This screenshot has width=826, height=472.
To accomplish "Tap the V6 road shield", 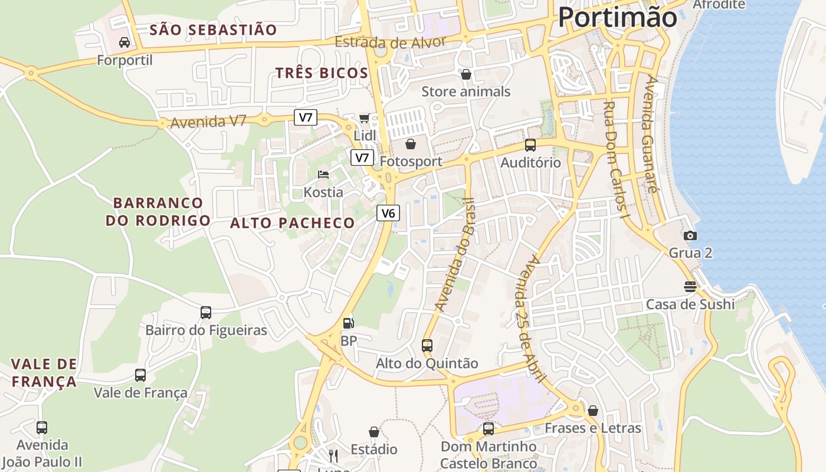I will click(388, 213).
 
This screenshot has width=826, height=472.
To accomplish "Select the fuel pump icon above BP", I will click(349, 323).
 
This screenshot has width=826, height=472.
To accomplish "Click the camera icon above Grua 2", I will click(690, 235).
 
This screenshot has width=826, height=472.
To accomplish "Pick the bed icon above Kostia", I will click(323, 174).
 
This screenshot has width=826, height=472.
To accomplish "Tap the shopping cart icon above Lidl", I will click(365, 118).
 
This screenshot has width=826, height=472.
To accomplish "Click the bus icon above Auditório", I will click(530, 145).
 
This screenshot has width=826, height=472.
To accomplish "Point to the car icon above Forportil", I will click(124, 42).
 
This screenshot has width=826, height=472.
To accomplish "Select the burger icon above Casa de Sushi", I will click(690, 287).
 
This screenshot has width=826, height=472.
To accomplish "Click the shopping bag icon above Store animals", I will click(466, 74).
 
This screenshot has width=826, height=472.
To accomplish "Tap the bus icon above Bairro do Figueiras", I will click(206, 313).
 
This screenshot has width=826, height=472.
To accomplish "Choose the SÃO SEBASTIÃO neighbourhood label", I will click(213, 29).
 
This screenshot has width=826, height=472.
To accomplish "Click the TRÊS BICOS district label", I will click(322, 73).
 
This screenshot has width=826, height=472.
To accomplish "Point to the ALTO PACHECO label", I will click(293, 223).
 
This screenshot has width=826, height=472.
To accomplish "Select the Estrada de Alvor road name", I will click(390, 42).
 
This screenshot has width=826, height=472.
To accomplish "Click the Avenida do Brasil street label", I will click(455, 254).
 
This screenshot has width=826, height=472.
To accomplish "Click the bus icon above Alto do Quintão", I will click(427, 346).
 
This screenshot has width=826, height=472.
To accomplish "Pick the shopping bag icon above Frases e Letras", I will click(593, 411).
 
